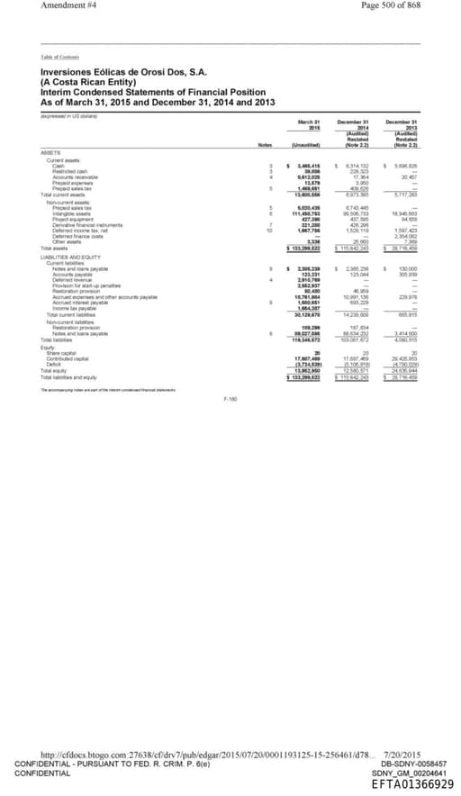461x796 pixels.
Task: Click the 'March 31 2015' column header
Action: [x=309, y=123]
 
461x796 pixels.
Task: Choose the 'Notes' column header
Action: [x=264, y=145]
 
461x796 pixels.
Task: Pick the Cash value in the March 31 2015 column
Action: [x=307, y=166]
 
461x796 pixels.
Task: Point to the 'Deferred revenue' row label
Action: [x=71, y=278]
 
